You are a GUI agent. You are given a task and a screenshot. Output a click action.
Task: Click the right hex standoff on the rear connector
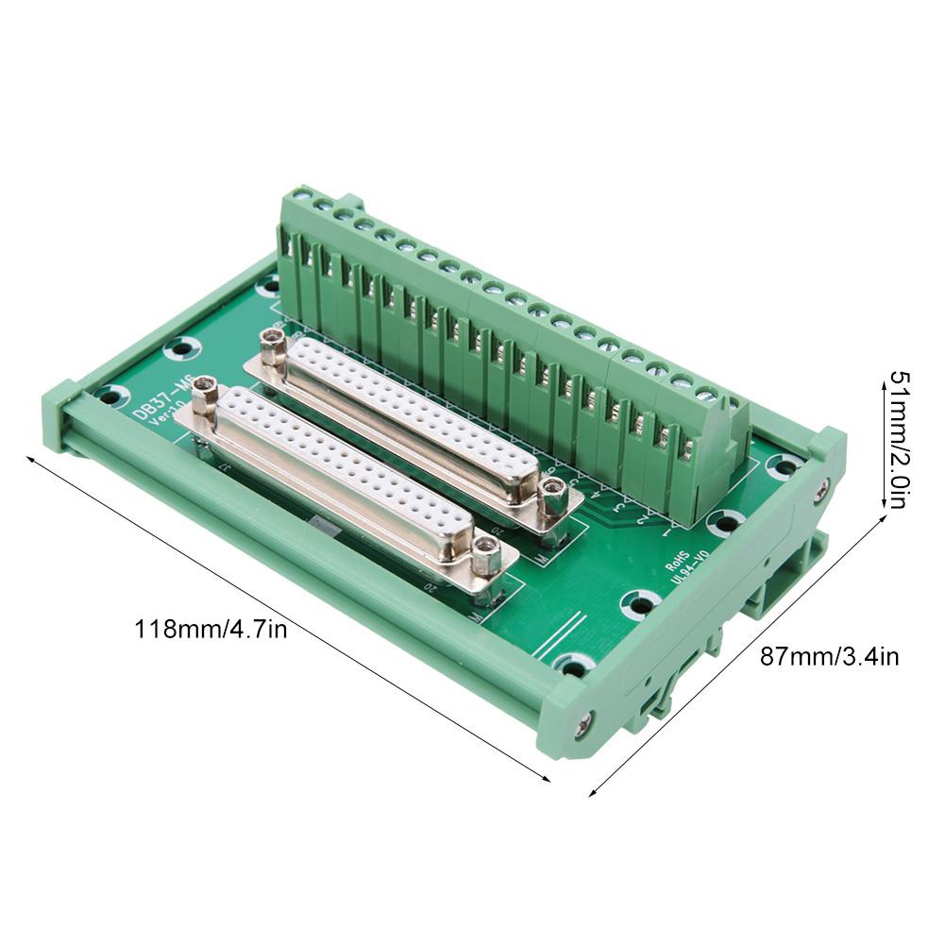553,494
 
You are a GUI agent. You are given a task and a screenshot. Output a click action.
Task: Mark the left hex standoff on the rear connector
274,346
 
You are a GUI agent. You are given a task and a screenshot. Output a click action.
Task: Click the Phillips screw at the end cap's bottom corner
583,724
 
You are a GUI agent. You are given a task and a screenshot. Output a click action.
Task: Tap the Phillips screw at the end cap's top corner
822,489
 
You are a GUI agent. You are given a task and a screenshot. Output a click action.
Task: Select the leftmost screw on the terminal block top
302,197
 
